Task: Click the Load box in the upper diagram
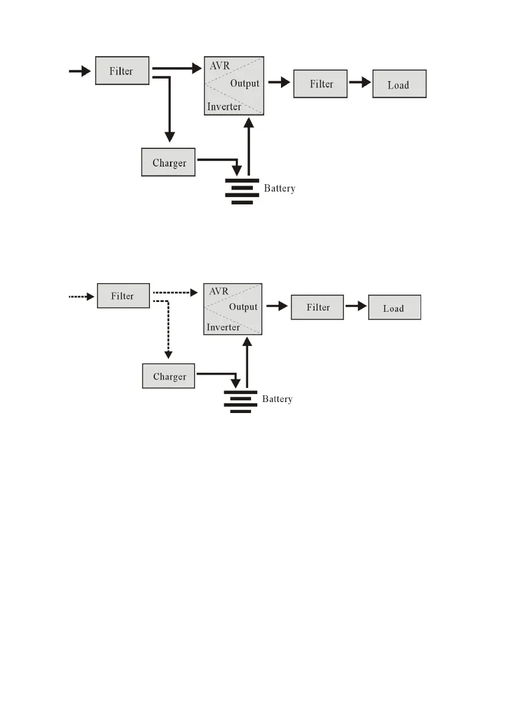coord(399,85)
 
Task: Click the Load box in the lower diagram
coord(394,308)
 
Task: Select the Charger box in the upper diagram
coord(169,163)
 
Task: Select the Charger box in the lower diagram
coord(169,376)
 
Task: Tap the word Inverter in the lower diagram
coord(224,327)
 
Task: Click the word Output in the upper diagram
coord(244,84)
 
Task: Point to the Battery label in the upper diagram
coord(280,189)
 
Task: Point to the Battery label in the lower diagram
coord(277,399)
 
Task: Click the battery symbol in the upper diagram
coord(242,191)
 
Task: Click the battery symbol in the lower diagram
coord(241,401)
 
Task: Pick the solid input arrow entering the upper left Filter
coord(79,71)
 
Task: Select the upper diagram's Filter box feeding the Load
coord(321,84)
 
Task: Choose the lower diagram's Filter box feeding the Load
coord(318,307)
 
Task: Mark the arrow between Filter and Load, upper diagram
coord(360,84)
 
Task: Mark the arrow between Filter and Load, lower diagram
coord(356,307)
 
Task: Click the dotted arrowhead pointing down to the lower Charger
coord(169,354)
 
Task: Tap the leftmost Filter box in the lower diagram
coord(123,296)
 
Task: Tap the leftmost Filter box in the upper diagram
coord(122,71)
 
